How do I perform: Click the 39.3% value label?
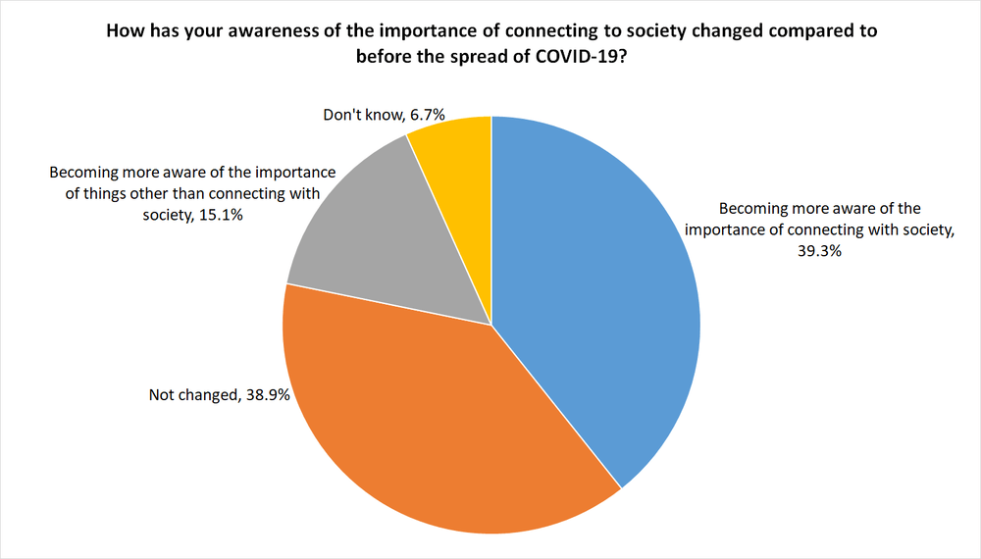click(819, 251)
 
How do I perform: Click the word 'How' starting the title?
click(123, 30)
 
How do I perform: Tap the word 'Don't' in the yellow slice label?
click(342, 116)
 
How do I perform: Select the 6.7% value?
click(429, 116)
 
